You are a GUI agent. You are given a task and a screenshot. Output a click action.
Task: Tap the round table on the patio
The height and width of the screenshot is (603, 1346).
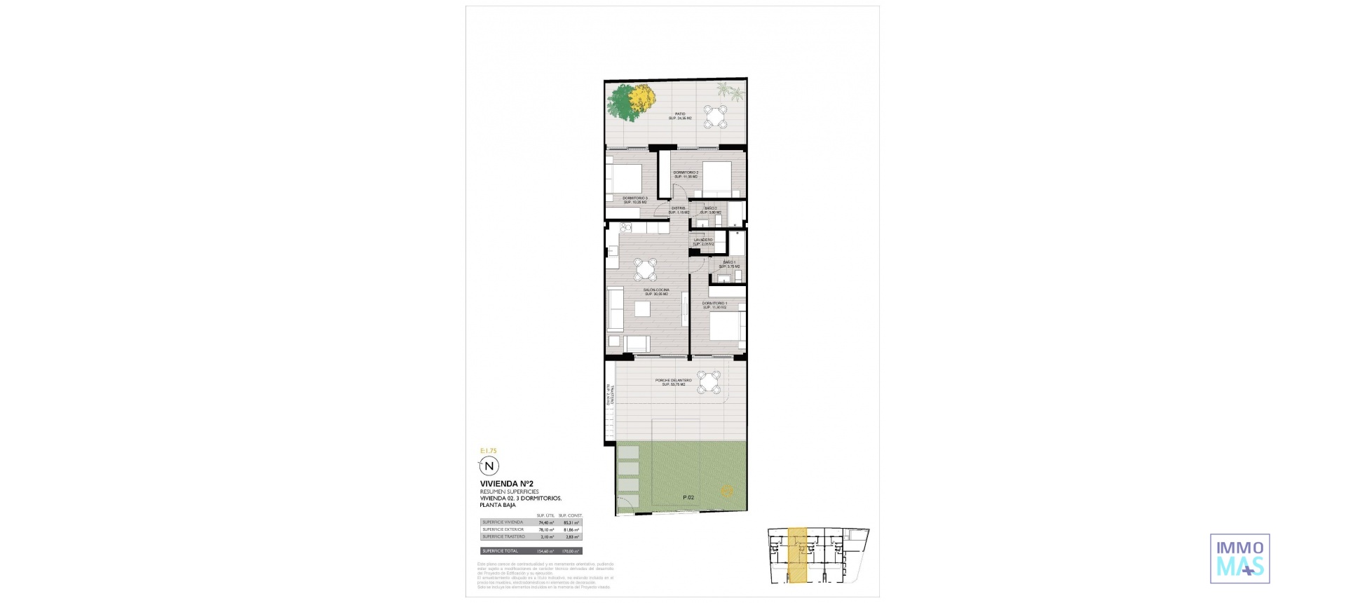tap(715, 116)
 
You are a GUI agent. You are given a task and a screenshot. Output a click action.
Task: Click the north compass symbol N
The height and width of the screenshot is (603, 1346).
tap(489, 466)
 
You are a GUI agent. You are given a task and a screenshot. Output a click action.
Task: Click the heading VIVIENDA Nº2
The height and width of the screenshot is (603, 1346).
tap(507, 484)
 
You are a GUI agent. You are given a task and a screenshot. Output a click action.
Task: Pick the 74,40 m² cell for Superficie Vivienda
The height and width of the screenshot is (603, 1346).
tap(545, 522)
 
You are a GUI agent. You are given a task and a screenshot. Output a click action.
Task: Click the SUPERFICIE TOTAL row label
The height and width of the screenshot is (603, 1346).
tap(500, 551)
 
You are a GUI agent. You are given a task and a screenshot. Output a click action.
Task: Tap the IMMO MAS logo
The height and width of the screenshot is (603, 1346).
tap(1239, 558)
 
